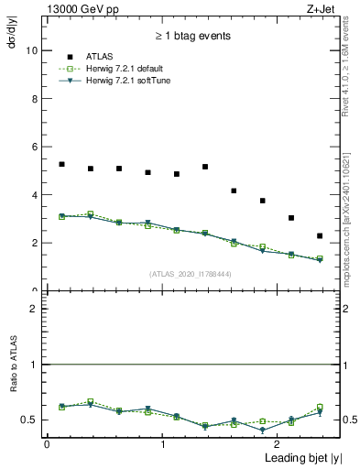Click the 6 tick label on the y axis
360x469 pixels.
coord(34,147)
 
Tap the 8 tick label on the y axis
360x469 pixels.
coord(34,99)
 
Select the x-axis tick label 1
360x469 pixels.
coord(162,443)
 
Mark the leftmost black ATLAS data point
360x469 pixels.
coord(61,164)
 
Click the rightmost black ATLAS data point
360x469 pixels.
coord(320,235)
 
